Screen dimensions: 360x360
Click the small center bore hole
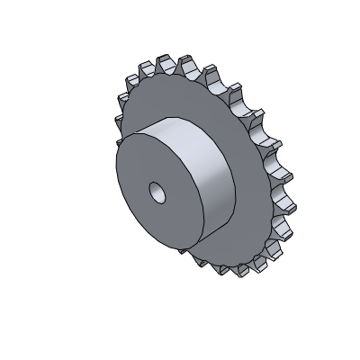click(157, 192)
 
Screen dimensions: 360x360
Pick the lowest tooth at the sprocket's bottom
click(241, 270)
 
